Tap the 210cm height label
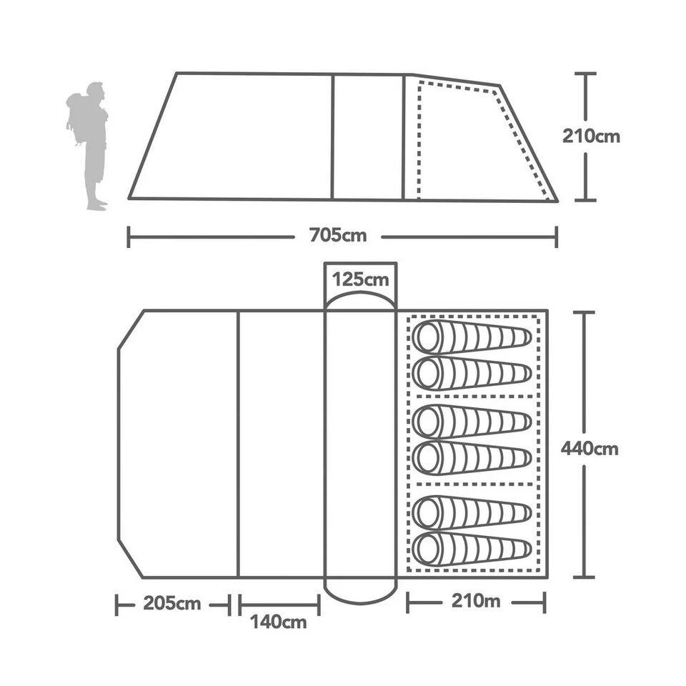click(x=591, y=136)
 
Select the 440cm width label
click(x=590, y=449)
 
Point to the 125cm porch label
click(x=360, y=279)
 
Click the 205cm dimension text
click(x=171, y=604)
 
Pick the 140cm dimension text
click(x=279, y=622)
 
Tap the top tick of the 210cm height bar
click(x=585, y=73)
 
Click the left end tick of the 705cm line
click(x=129, y=237)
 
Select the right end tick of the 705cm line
click(x=557, y=237)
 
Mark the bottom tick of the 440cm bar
click(x=585, y=576)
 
